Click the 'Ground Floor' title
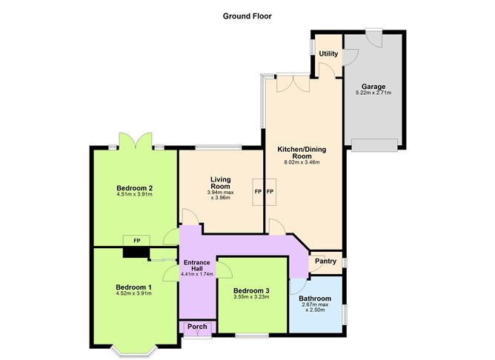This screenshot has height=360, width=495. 247,15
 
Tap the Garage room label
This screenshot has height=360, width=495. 373,86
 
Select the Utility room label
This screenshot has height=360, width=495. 328,54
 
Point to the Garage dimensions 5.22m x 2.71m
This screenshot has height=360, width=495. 373,93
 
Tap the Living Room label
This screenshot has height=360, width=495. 221,183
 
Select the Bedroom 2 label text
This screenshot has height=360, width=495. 134,188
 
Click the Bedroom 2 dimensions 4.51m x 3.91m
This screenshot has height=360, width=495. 134,196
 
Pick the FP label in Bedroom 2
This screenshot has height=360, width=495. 136,241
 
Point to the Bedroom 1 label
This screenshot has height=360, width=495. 134,286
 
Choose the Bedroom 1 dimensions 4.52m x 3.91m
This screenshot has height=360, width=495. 134,293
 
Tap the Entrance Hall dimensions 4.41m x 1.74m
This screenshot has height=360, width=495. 197,273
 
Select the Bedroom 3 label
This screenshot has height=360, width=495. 250,290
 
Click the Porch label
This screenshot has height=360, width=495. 197,327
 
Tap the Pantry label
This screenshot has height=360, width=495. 325,261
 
